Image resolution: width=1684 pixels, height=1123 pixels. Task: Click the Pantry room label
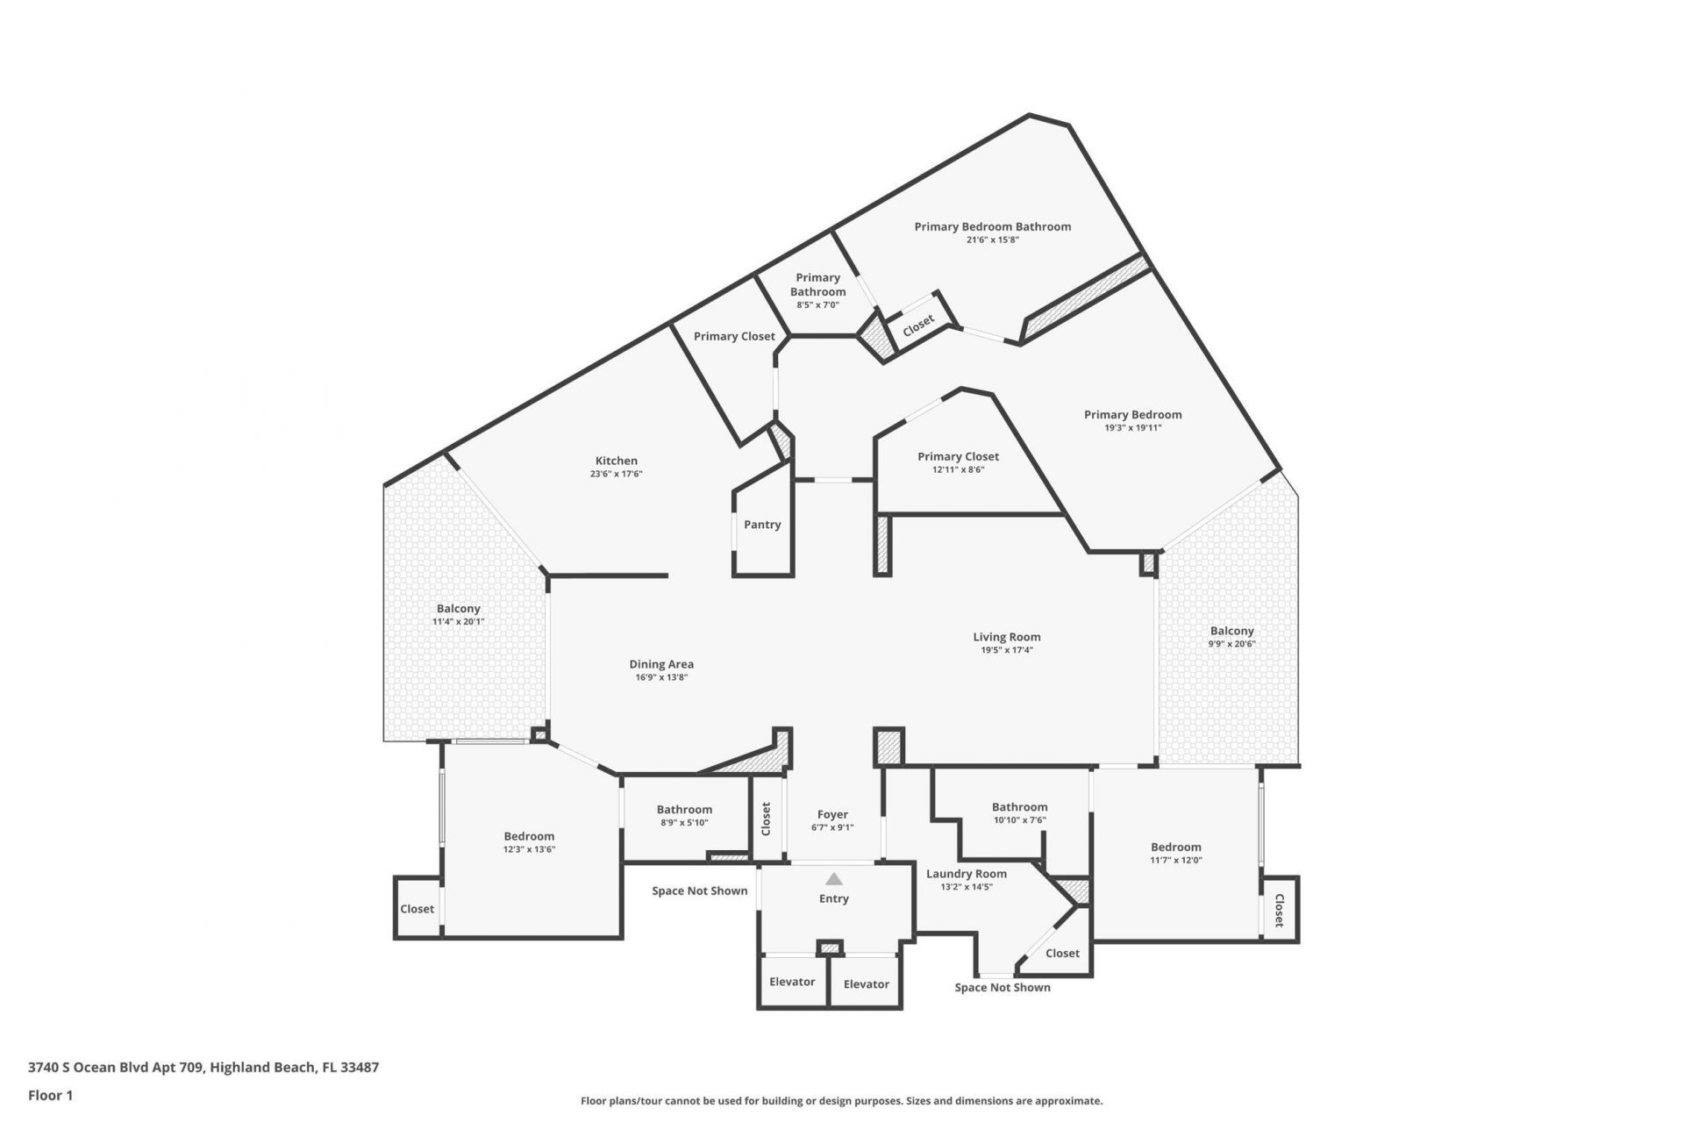click(x=761, y=525)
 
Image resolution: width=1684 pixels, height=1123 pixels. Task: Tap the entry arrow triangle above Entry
click(x=833, y=878)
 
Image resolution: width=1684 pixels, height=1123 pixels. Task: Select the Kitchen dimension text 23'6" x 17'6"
click(x=616, y=474)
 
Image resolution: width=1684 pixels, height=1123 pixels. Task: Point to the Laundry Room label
click(x=967, y=874)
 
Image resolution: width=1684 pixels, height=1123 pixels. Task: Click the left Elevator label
click(x=792, y=982)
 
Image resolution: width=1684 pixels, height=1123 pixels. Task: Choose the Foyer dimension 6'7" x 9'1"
click(x=832, y=827)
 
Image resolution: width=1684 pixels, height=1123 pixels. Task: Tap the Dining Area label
click(x=660, y=664)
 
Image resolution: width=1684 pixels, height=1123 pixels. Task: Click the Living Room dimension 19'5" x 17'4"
click(x=1006, y=650)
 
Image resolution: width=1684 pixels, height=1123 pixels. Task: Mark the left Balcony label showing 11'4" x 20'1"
click(x=458, y=609)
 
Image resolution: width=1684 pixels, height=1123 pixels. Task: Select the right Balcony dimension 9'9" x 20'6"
click(x=1231, y=643)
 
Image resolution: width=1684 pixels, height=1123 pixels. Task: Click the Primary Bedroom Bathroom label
click(x=992, y=226)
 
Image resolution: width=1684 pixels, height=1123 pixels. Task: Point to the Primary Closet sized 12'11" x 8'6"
click(x=958, y=456)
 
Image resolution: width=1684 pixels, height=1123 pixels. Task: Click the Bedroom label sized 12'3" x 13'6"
click(x=528, y=836)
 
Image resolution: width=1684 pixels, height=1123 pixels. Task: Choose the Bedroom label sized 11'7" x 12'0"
click(x=1175, y=847)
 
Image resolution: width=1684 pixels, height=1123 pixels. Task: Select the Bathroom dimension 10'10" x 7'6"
click(x=1019, y=820)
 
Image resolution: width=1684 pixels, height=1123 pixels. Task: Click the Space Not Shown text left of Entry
click(x=699, y=891)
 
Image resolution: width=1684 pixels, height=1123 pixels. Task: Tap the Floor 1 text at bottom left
click(x=50, y=1095)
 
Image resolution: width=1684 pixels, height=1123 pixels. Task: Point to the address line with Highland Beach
click(x=203, y=1068)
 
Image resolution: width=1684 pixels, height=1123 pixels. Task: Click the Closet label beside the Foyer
click(x=766, y=819)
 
